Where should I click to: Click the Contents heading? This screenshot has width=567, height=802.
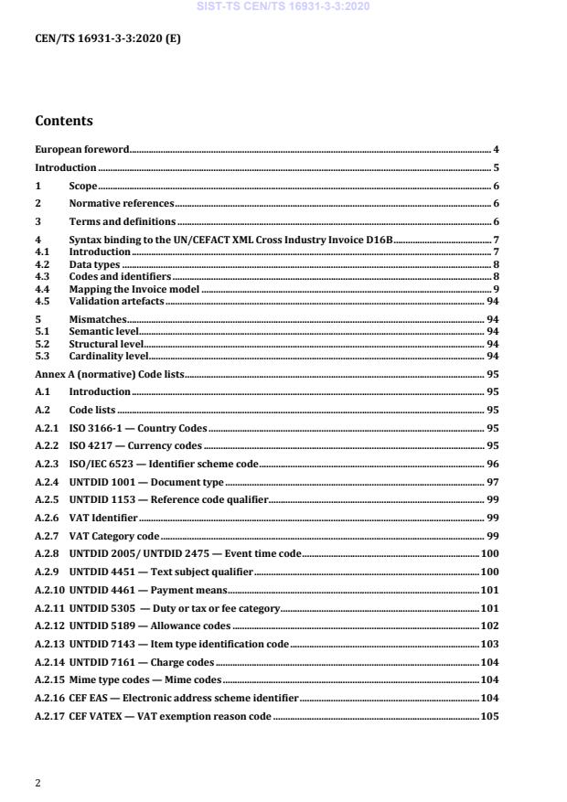(x=64, y=120)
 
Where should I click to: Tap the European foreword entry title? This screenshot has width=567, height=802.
(x=82, y=149)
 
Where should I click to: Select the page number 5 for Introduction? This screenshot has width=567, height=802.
(x=496, y=168)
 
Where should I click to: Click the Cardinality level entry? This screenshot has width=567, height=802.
(x=108, y=356)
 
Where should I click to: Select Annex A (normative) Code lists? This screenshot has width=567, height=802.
(x=109, y=374)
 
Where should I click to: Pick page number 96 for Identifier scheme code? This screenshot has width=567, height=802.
(x=493, y=464)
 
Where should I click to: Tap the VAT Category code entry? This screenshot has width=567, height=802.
(x=114, y=535)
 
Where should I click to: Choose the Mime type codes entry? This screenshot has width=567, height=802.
(x=145, y=679)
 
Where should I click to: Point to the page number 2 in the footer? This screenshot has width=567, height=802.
(x=37, y=783)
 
